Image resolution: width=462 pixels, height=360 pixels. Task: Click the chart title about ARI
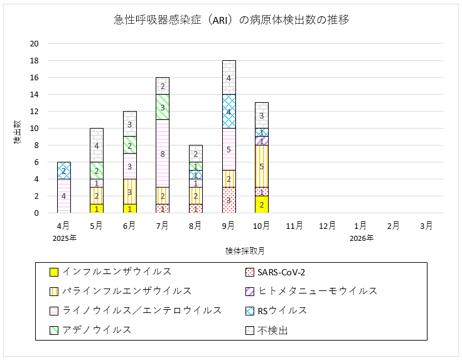click(231, 20)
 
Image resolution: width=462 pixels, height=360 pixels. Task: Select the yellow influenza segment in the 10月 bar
click(262, 204)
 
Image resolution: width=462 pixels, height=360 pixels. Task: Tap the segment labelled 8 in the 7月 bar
click(163, 153)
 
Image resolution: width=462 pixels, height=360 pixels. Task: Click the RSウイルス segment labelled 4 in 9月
click(228, 111)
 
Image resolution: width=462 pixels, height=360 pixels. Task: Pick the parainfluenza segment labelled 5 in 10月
click(262, 166)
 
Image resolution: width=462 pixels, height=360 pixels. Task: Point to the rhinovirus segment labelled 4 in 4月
click(63, 196)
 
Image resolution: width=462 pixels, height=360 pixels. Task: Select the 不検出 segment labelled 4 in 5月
click(97, 146)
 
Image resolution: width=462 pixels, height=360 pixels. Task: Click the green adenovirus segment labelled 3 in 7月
click(163, 107)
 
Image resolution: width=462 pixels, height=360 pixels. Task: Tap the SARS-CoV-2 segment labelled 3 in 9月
click(228, 200)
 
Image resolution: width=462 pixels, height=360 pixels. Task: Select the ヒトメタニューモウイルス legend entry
click(317, 290)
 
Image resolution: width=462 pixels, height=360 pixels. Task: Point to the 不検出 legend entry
click(272, 329)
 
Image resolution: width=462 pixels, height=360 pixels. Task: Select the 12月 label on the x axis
click(328, 225)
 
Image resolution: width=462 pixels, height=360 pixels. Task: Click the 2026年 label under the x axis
click(361, 238)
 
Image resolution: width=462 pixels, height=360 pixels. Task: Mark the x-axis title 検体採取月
click(245, 250)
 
